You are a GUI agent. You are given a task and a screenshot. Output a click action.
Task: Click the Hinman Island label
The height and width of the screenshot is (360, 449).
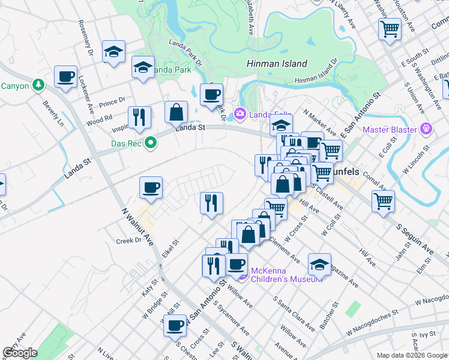click(277, 64)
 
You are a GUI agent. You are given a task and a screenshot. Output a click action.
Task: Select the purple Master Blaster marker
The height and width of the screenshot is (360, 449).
click(427, 128)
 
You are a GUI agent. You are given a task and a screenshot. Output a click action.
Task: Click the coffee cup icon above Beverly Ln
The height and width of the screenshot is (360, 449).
click(65, 77)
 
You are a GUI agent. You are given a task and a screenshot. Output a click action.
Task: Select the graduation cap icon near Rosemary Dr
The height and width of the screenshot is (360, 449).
click(113, 52)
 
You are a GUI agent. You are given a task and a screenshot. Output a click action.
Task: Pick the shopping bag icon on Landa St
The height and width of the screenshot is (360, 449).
click(176, 112)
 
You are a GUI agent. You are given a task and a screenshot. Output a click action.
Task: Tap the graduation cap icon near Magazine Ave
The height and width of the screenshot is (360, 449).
click(319, 264)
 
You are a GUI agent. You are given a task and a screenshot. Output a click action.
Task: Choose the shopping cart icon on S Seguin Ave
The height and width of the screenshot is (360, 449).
click(382, 201)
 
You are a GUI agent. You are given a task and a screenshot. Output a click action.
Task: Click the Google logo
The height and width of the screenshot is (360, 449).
click(20, 353)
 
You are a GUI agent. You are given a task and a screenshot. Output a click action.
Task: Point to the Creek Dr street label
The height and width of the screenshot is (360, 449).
click(128, 241)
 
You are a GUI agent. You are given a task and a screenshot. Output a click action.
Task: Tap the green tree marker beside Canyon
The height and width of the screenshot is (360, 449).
click(40, 85)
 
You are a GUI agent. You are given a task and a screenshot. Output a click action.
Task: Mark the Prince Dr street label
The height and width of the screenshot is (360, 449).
click(112, 99)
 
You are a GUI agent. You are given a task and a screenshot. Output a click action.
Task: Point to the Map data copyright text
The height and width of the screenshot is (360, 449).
click(412, 355)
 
